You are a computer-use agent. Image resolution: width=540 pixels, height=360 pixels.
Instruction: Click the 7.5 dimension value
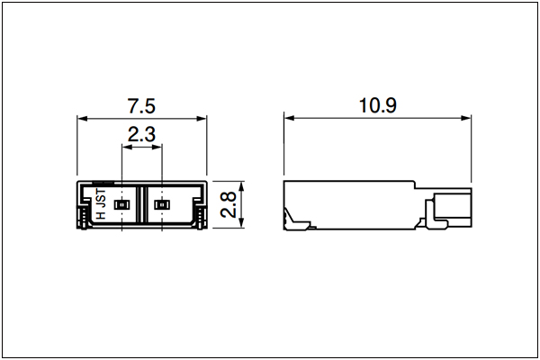pyautogui.click(x=141, y=106)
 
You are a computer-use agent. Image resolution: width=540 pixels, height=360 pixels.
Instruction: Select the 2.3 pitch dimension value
pyautogui.click(x=141, y=134)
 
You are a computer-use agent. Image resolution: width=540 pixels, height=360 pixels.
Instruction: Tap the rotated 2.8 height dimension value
pyautogui.click(x=229, y=204)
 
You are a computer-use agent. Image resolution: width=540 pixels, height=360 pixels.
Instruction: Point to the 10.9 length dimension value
pyautogui.click(x=378, y=105)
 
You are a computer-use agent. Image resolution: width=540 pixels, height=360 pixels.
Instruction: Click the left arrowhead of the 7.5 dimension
pyautogui.click(x=82, y=119)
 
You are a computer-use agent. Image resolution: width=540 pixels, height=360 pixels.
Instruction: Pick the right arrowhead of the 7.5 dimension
pyautogui.click(x=202, y=119)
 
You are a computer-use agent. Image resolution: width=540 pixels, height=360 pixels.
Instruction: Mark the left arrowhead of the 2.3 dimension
pyautogui.click(x=127, y=147)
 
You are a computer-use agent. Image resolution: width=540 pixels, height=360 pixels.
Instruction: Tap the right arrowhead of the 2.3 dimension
pyautogui.click(x=157, y=147)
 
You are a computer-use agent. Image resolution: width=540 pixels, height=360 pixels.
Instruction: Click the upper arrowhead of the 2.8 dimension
pyautogui.click(x=241, y=186)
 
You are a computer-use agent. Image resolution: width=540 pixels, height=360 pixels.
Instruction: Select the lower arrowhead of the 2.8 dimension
pyautogui.click(x=241, y=222)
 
